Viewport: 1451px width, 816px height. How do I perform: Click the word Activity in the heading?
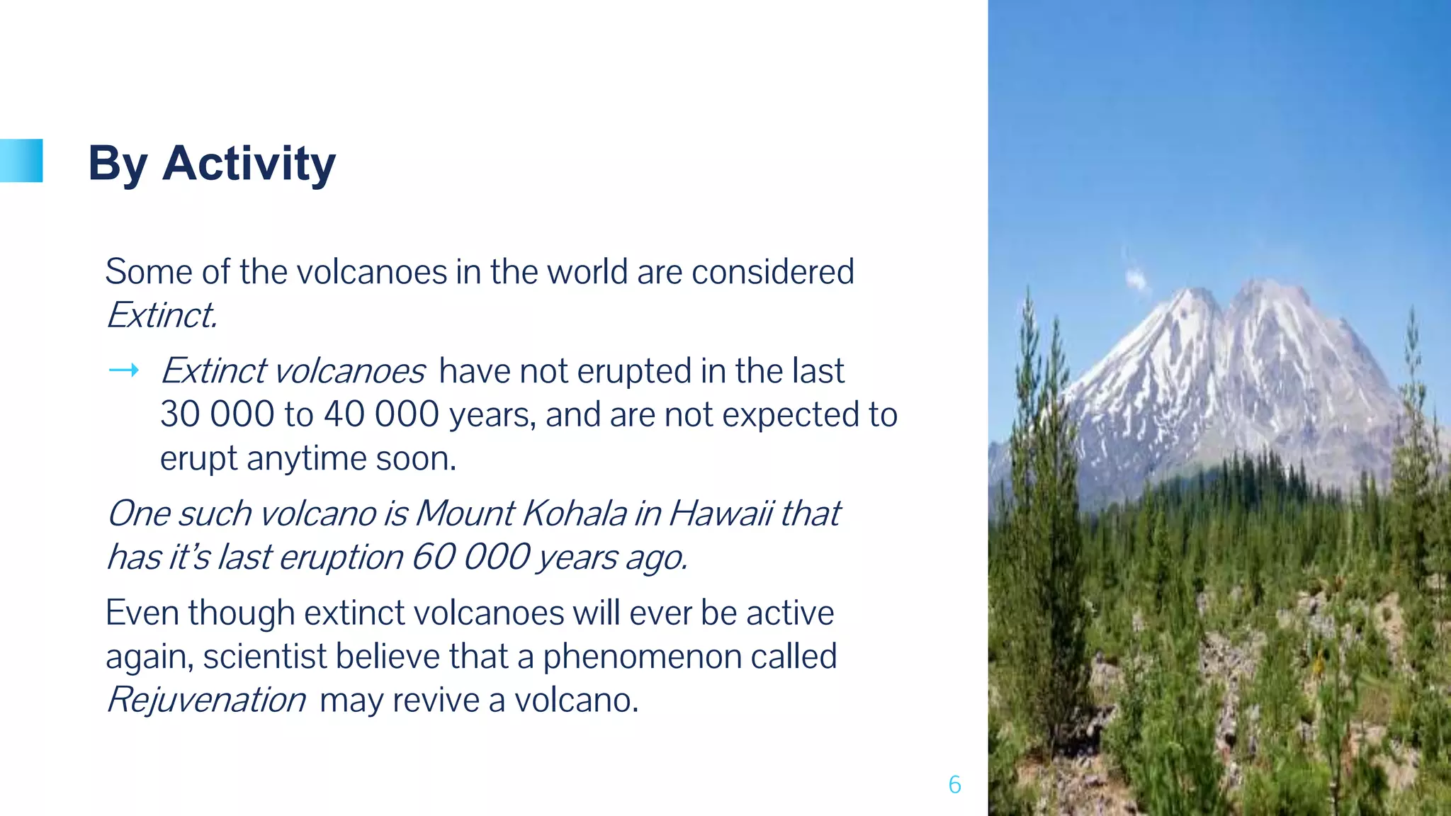coord(249,164)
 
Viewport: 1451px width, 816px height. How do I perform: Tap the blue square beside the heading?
coord(23,161)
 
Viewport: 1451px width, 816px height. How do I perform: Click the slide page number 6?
coord(954,785)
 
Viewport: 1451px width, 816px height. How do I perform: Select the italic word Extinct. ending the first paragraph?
coord(162,316)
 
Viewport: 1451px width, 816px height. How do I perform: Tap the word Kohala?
coord(574,514)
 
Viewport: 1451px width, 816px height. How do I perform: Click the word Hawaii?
coord(720,514)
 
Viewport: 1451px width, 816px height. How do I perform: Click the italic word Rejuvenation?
coord(206,701)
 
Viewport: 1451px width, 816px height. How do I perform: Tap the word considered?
coord(773,272)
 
